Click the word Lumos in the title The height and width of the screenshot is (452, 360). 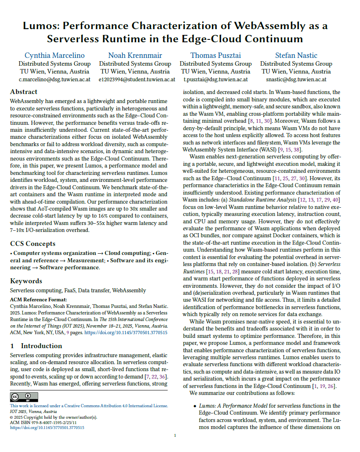[39, 26]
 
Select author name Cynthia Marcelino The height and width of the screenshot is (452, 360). [55, 55]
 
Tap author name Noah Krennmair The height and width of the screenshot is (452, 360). [135, 55]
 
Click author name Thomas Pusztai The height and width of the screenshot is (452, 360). [216, 55]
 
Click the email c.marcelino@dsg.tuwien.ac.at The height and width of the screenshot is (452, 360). [55, 79]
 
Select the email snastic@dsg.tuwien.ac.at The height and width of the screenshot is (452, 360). [296, 79]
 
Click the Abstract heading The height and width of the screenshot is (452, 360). [23, 92]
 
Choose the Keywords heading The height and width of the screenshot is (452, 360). [26, 281]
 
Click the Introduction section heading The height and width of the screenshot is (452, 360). [41, 346]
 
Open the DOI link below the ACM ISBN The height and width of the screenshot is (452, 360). [47, 427]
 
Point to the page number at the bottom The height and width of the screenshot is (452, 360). [175, 436]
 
